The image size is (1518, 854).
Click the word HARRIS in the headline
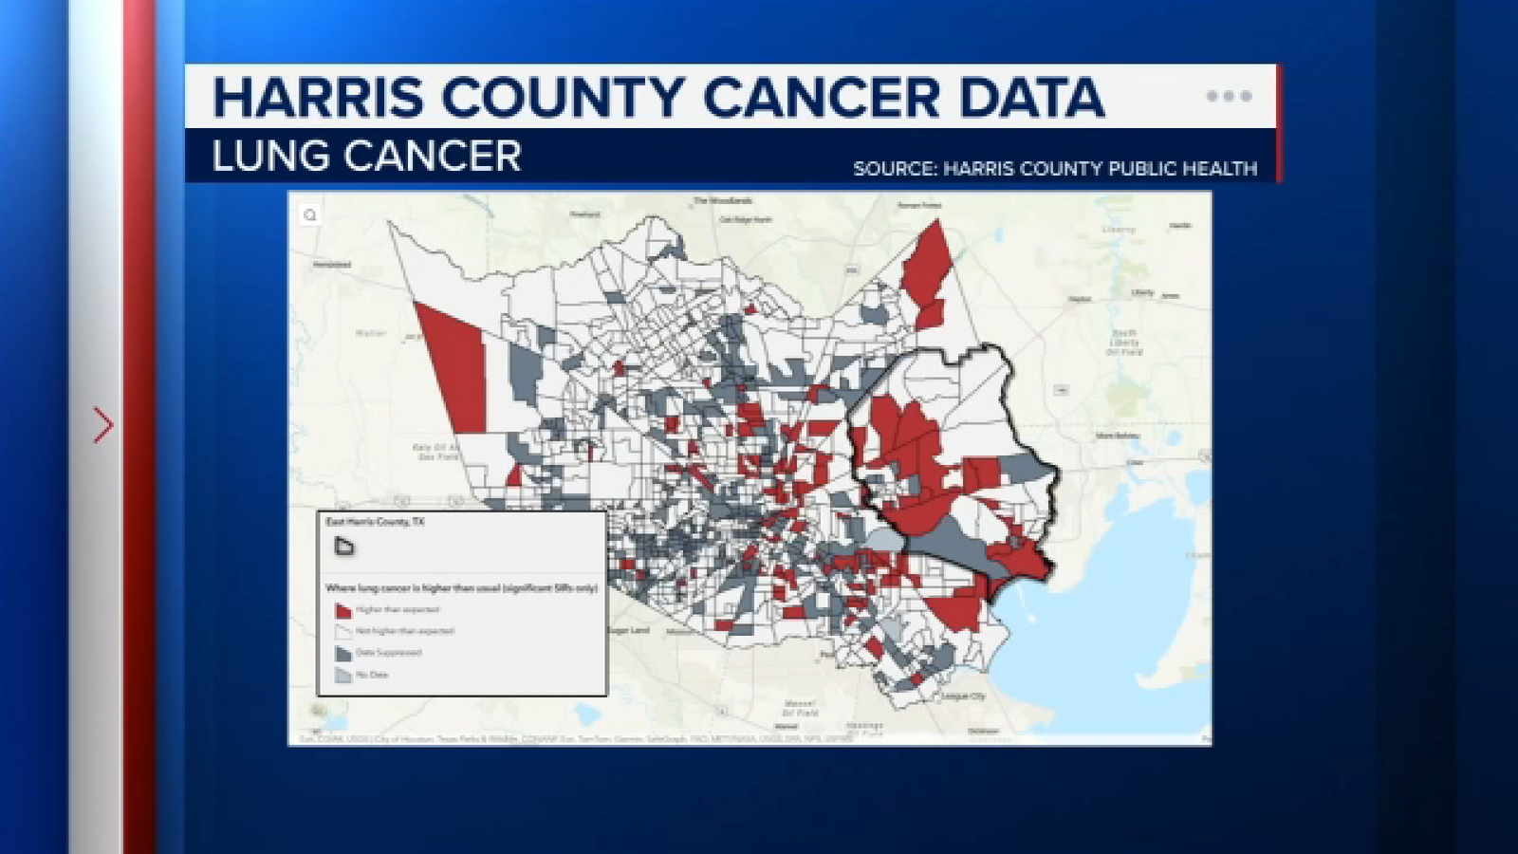(x=318, y=97)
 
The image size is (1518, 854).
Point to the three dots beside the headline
(x=1229, y=96)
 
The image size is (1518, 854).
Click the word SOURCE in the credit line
(x=893, y=169)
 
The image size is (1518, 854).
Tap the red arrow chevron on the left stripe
(x=102, y=425)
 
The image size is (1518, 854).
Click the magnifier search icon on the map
(x=310, y=215)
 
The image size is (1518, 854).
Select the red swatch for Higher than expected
(x=342, y=610)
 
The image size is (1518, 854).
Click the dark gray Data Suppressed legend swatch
(x=342, y=653)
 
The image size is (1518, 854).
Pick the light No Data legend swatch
(x=342, y=675)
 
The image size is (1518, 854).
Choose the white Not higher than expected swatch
(x=342, y=631)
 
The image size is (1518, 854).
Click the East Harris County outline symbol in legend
(x=344, y=546)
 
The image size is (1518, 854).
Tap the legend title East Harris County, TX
(x=375, y=522)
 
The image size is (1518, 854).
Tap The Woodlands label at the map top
(x=722, y=201)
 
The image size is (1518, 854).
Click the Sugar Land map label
(x=628, y=630)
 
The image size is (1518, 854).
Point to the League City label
(x=963, y=696)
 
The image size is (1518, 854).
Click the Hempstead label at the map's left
(x=332, y=265)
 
